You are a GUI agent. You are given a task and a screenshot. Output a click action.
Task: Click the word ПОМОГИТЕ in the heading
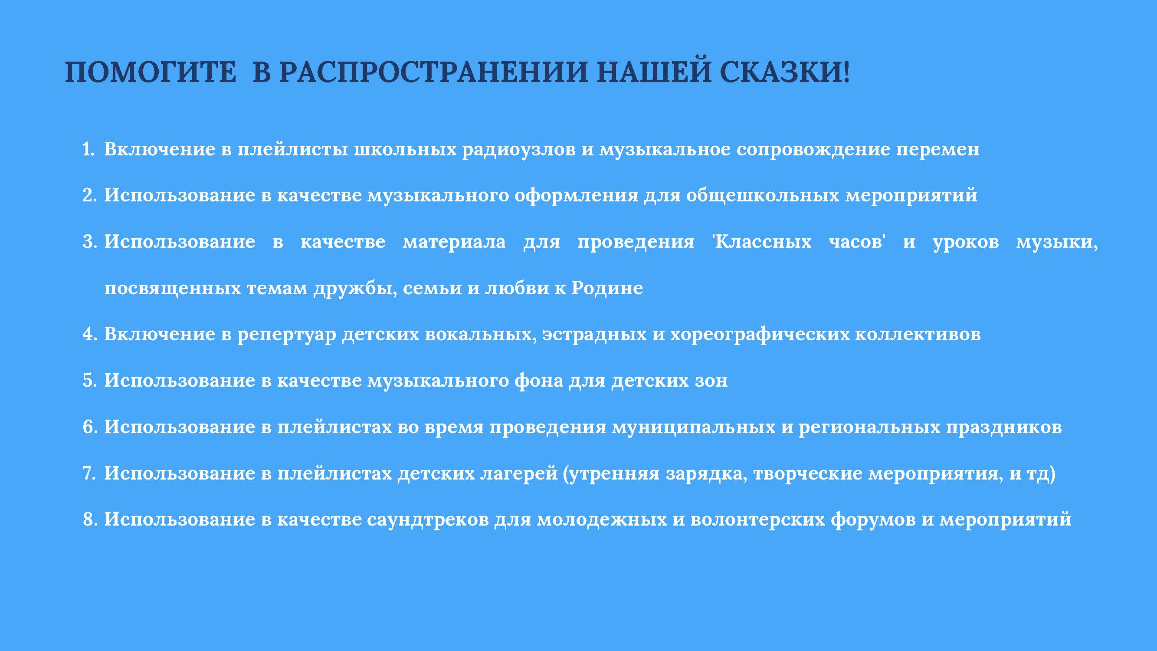151,72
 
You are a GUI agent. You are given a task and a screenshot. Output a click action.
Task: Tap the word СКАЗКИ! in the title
785,72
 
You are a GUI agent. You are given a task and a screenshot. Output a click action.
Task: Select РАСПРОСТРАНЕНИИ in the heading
434,72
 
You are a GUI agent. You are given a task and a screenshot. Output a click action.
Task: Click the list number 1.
88,149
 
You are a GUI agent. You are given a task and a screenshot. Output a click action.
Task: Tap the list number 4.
89,334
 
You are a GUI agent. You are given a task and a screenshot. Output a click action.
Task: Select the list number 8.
89,519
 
